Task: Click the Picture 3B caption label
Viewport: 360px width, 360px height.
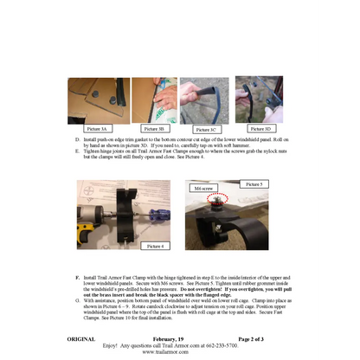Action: pos(156,127)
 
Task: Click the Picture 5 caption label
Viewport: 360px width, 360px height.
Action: pos(253,183)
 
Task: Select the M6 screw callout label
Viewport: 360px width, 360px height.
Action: pos(203,187)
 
